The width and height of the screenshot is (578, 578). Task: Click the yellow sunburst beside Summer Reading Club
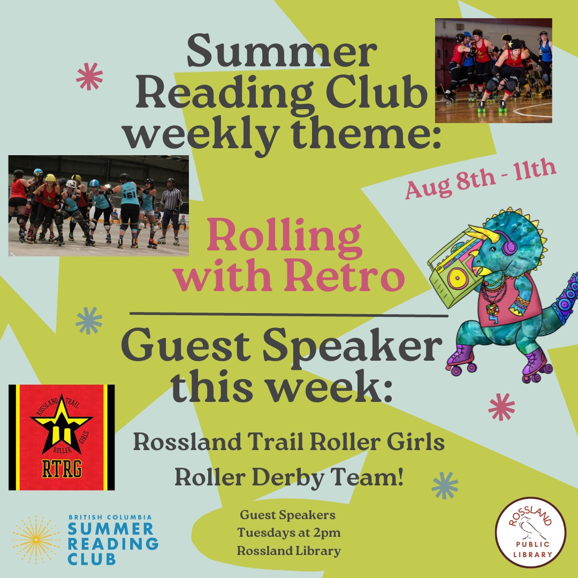(x=36, y=539)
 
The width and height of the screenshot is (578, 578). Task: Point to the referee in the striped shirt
(x=171, y=209)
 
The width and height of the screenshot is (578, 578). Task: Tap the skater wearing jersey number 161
(x=130, y=206)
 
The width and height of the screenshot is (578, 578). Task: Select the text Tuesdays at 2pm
(x=289, y=533)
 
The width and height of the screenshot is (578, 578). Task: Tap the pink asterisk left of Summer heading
(x=89, y=76)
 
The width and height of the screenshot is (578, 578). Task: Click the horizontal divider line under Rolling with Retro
(x=289, y=314)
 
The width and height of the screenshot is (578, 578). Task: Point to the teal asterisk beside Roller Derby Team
(x=445, y=485)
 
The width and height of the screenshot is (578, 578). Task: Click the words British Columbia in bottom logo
(x=110, y=518)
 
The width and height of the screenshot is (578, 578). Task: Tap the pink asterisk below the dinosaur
(x=501, y=406)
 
